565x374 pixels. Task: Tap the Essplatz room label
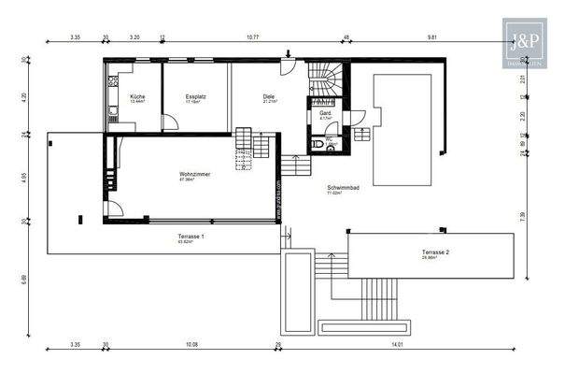click(x=195, y=96)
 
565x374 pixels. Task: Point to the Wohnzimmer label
click(x=193, y=174)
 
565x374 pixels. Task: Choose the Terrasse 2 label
click(x=435, y=252)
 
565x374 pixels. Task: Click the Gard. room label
click(x=326, y=114)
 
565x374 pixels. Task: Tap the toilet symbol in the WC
click(x=331, y=148)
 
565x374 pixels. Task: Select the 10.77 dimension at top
click(x=252, y=37)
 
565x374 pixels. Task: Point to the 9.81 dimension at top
click(x=432, y=37)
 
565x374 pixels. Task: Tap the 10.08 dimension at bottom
click(x=192, y=345)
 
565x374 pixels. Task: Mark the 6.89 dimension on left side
click(x=24, y=279)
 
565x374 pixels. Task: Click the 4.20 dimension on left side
click(x=24, y=96)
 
